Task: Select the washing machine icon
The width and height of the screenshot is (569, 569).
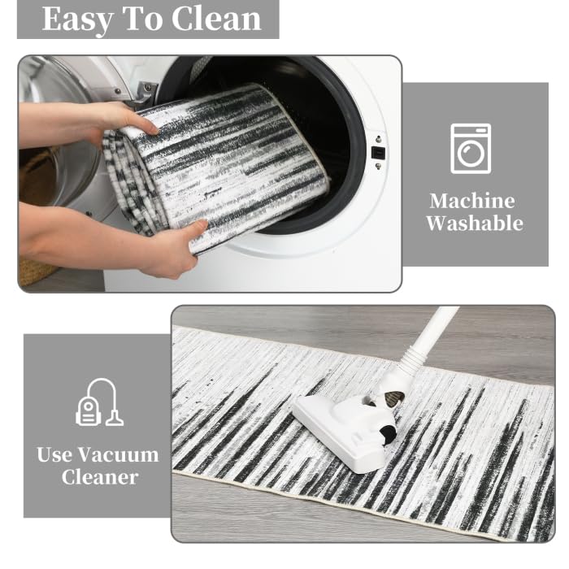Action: (x=471, y=149)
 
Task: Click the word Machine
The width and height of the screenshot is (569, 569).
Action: (x=472, y=201)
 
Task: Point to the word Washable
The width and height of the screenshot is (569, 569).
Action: (x=475, y=223)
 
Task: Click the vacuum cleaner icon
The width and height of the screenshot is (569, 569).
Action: (x=99, y=402)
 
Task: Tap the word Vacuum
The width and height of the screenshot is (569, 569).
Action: (x=119, y=454)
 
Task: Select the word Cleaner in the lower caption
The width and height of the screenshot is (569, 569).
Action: (x=100, y=477)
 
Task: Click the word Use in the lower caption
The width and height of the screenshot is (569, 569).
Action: (x=54, y=454)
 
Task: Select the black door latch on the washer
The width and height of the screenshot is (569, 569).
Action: (x=378, y=153)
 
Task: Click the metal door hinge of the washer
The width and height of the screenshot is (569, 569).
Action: (x=146, y=94)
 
